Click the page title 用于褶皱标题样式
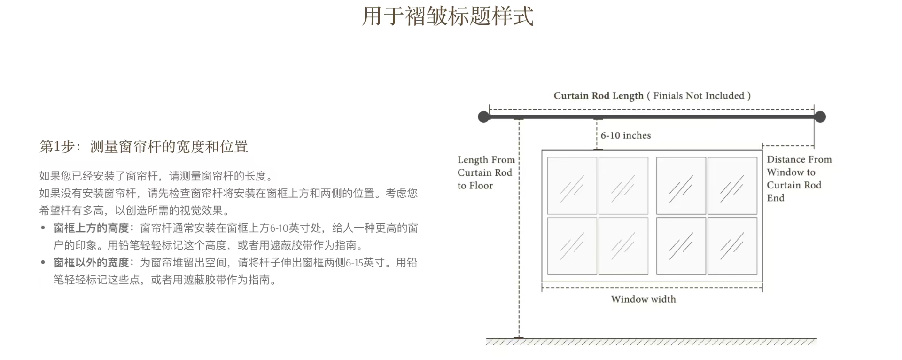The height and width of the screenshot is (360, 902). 448,16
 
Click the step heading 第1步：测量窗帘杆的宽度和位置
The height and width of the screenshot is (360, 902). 144,147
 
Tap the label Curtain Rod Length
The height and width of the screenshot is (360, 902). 599,96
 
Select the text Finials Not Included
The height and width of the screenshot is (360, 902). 699,96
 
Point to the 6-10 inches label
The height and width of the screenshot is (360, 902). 626,135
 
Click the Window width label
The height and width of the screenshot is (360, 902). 644,299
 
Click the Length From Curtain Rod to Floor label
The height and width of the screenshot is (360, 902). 486,172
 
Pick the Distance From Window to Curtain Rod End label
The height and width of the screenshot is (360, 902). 799,179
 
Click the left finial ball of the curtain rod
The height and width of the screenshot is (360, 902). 484,117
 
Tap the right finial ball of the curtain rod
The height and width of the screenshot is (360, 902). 820,117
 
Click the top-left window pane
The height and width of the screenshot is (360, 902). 572,186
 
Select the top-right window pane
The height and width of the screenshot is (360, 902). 732,186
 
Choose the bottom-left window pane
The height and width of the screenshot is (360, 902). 572,246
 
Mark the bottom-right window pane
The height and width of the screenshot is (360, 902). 732,246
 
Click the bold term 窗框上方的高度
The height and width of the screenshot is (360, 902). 91,228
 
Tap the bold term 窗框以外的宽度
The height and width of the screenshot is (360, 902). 91,263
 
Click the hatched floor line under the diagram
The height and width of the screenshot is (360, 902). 651,342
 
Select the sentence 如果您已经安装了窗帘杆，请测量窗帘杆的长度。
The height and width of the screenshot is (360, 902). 156,176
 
